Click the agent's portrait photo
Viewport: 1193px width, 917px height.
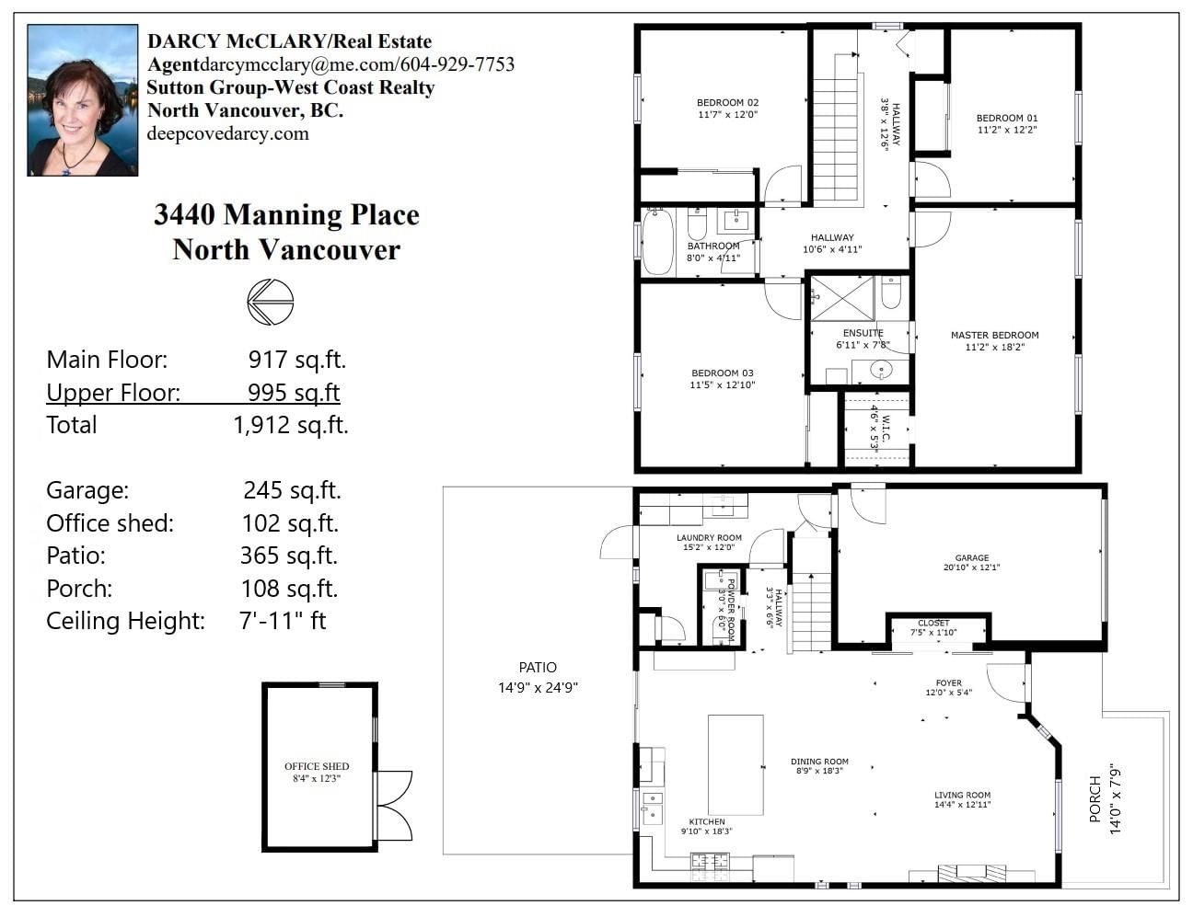coord(82,100)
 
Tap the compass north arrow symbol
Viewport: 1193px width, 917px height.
coord(270,302)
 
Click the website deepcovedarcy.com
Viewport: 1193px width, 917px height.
coord(228,133)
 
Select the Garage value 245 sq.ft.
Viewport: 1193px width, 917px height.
coord(292,489)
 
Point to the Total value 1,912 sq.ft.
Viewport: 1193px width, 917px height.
coord(291,425)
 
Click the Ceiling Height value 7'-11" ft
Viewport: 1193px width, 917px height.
coord(283,620)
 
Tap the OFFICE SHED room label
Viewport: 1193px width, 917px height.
coord(317,766)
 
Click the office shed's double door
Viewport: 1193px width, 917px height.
coord(394,806)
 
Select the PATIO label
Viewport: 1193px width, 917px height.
coord(538,668)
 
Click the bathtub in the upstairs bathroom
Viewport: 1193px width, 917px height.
coord(657,242)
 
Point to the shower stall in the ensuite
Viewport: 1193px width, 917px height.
coord(842,298)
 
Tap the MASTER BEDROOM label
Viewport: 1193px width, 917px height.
coord(995,335)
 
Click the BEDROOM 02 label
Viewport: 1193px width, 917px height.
coord(727,103)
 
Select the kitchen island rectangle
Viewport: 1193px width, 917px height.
coord(735,764)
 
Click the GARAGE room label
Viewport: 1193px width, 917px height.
coord(972,557)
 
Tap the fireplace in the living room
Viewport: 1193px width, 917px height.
coord(972,873)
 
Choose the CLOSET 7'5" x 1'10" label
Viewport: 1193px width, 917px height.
coord(933,627)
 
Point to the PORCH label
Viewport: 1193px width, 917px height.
coord(1095,799)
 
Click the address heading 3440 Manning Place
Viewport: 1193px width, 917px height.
coord(286,214)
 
